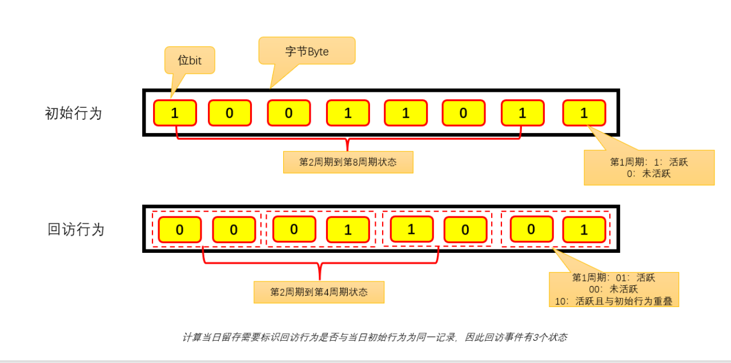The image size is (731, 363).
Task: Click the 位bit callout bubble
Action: coord(190,60)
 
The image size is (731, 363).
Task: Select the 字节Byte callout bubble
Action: coord(307,51)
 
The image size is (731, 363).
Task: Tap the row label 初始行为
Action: coord(73,113)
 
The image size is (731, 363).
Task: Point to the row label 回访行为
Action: coord(76,229)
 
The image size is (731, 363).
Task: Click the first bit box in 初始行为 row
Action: coord(175,113)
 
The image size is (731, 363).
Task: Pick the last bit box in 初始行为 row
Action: coord(584,113)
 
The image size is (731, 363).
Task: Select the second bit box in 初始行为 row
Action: coord(229,113)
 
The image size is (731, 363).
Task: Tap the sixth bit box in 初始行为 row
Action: coord(463,113)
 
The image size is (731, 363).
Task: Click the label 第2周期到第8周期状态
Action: coord(348,162)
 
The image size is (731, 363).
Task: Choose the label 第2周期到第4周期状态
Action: coord(319,292)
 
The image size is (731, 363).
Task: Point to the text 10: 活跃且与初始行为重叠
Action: coord(614,301)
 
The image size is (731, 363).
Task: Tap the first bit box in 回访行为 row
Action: coord(179,229)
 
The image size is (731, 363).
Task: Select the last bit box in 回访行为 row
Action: coord(584,229)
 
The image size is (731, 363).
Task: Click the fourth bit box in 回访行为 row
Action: coord(348,229)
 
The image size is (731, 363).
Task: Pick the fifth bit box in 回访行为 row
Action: coord(412,229)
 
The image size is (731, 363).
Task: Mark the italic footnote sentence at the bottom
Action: coord(375,337)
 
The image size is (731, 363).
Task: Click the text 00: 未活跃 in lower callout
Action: coord(614,289)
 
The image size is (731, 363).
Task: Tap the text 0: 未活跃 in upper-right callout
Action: coord(649,174)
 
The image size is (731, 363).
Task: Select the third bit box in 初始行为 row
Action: coord(288,113)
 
